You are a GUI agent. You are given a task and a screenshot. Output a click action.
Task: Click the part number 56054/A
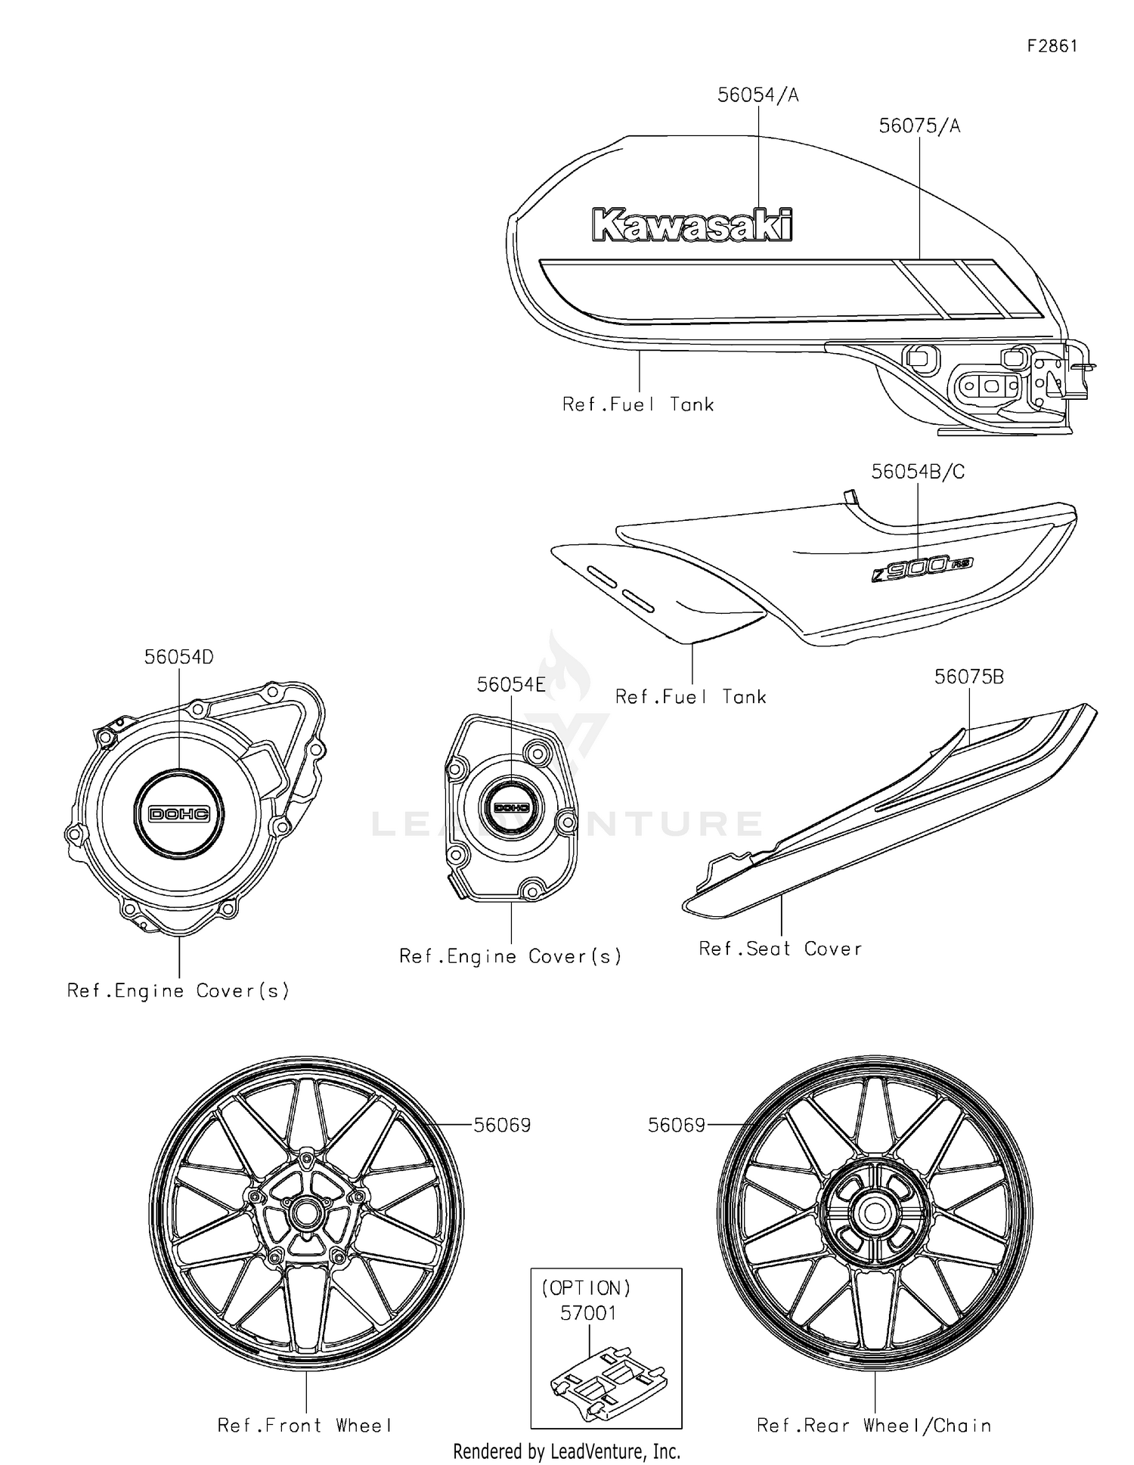pyautogui.click(x=758, y=95)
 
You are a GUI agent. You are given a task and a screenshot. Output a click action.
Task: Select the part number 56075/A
pyautogui.click(x=919, y=126)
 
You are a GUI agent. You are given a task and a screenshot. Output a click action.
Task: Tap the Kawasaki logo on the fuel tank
pyautogui.click(x=692, y=225)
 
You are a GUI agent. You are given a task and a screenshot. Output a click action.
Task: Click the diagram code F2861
pyautogui.click(x=1052, y=46)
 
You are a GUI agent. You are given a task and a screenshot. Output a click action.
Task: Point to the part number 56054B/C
pyautogui.click(x=918, y=472)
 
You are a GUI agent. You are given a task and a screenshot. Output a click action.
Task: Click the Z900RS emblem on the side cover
pyautogui.click(x=922, y=566)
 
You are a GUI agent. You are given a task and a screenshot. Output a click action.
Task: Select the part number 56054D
pyautogui.click(x=179, y=658)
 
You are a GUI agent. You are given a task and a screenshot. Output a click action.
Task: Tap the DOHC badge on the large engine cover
pyautogui.click(x=179, y=813)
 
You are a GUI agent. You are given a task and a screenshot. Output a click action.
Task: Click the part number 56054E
pyautogui.click(x=511, y=685)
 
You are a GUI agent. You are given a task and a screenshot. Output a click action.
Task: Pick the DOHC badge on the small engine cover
pyautogui.click(x=512, y=807)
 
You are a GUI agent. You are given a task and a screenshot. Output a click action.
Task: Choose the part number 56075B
pyautogui.click(x=969, y=677)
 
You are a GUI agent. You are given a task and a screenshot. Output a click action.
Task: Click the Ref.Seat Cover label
pyautogui.click(x=780, y=949)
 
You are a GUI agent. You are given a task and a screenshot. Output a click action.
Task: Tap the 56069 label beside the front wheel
pyautogui.click(x=502, y=1126)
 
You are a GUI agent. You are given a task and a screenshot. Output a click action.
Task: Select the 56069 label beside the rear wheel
pyautogui.click(x=676, y=1126)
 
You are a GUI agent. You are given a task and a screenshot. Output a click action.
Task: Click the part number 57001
pyautogui.click(x=588, y=1314)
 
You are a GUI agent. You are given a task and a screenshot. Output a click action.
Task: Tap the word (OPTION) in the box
pyautogui.click(x=586, y=1288)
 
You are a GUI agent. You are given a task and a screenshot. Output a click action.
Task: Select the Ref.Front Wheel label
pyautogui.click(x=305, y=1426)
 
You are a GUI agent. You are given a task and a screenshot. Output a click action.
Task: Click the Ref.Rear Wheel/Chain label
pyautogui.click(x=874, y=1426)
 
